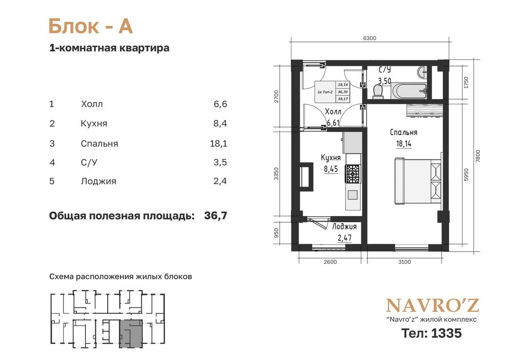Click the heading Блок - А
pos(91,26)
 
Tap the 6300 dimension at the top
pos(369,38)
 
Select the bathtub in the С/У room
pos(409,91)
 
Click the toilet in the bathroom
pos(378,91)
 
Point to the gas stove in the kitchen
pos(353,174)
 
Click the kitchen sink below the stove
pos(353,194)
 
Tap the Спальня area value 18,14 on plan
pos(404,144)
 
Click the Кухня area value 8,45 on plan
pos(331,169)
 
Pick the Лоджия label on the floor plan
pos(344,226)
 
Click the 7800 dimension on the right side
pos(478,156)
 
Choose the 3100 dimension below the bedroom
pos(404,262)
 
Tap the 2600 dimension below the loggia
pos(331,262)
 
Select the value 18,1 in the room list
pos(219,143)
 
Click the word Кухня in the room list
pos(94,124)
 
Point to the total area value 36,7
pos(216,216)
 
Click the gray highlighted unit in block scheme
pos(131,334)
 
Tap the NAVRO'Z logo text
pos(433,305)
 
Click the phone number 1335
pos(446,333)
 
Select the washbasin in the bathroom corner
pos(423,72)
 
